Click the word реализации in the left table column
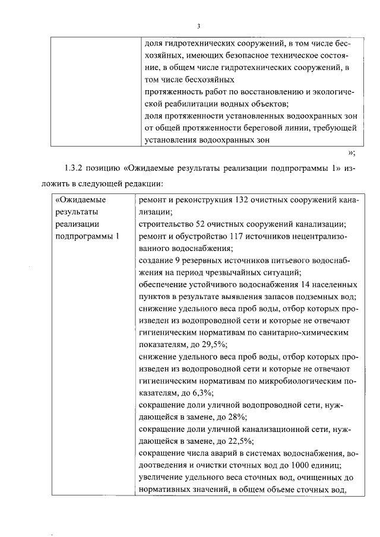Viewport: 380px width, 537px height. [75, 224]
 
